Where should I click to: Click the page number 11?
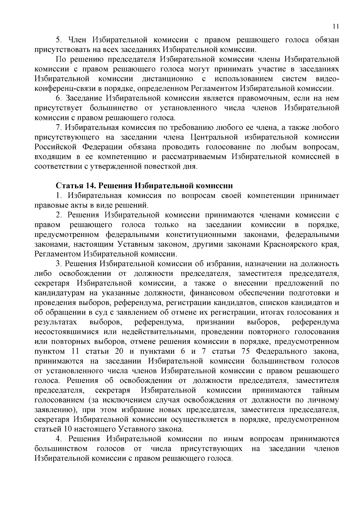coord(336,26)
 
